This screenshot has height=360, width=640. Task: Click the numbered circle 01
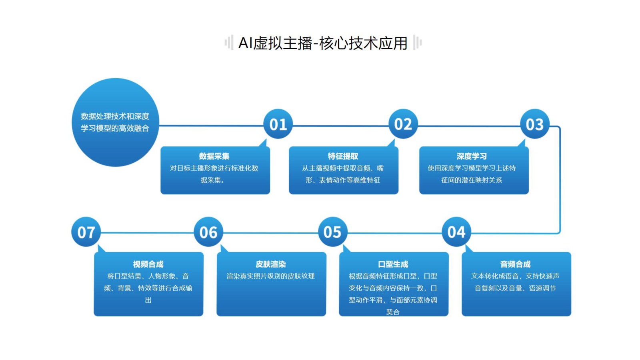coord(278,124)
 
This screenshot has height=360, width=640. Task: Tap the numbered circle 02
coord(403,124)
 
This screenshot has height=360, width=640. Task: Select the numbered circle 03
coord(535,124)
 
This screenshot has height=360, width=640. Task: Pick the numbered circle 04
coord(456,232)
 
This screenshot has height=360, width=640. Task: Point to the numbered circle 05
coord(332,232)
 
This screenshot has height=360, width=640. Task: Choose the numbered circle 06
coord(208,232)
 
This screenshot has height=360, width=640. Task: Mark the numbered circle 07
coord(86,232)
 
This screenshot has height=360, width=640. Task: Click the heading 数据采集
coord(214,156)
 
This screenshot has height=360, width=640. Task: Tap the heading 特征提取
coord(343,156)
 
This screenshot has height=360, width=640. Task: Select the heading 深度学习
coord(472,156)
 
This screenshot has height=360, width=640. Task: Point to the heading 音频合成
coord(516,264)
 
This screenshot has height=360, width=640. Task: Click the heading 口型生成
coord(393,264)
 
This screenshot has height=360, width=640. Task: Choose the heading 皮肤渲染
coord(270,264)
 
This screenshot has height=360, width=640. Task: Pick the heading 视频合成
coord(148,264)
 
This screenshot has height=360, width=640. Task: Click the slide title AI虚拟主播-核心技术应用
coord(323,43)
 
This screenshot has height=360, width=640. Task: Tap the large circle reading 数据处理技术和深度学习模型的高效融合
coord(116,122)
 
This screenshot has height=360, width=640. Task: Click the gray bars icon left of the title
coord(229,42)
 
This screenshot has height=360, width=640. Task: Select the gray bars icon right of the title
coord(417,42)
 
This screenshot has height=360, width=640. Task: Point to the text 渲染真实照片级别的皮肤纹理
coord(270,276)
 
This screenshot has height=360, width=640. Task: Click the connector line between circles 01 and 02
coord(340,126)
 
